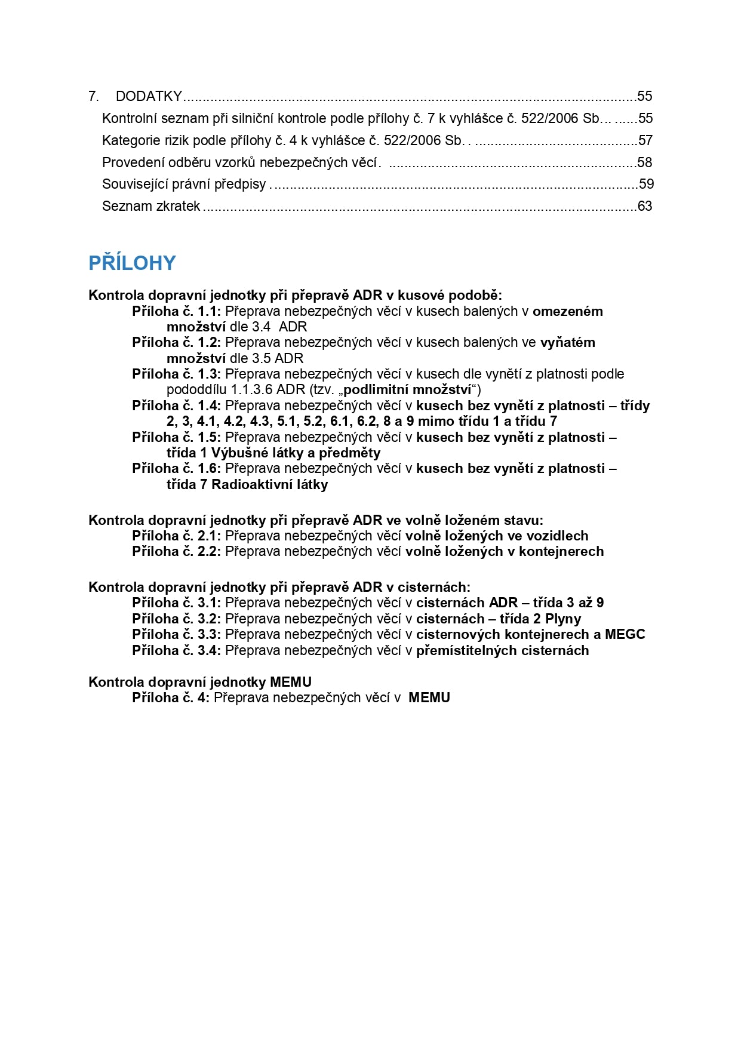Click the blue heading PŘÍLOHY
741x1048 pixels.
[x=132, y=263]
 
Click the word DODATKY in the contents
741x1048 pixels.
[x=149, y=96]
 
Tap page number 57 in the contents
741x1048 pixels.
[x=645, y=140]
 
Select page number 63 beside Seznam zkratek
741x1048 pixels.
[x=645, y=206]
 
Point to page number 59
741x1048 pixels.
[x=646, y=184]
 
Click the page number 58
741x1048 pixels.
[x=645, y=162]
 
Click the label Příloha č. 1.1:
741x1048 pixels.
[x=176, y=311]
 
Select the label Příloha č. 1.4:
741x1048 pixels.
[x=176, y=405]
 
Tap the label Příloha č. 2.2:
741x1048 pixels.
[x=176, y=551]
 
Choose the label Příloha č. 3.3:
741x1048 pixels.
[x=176, y=634]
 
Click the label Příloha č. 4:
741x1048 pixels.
[x=171, y=697]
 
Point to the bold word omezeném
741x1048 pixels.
[x=567, y=311]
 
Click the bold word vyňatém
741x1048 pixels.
[x=567, y=342]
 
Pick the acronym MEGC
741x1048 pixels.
[x=625, y=634]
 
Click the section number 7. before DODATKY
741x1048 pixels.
[x=94, y=96]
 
